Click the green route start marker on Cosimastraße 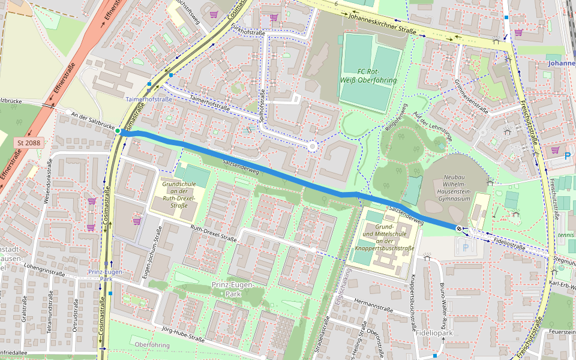tap(119, 131)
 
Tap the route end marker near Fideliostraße tap(459, 228)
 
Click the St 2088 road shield tap(29, 142)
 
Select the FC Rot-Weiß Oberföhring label tap(371, 77)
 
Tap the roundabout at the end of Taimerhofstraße tap(312, 146)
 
